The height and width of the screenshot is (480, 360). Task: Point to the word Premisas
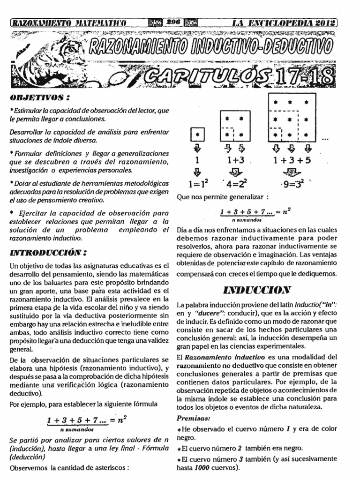pyautogui.click(x=193, y=417)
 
